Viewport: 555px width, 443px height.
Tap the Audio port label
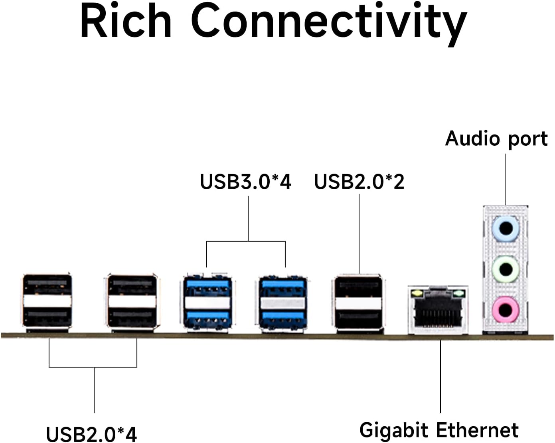[x=496, y=139]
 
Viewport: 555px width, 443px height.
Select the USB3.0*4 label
[x=245, y=182]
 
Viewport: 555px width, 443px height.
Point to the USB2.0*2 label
[x=359, y=182]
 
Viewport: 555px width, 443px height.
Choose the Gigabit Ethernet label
[x=439, y=430]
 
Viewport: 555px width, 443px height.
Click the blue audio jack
[x=506, y=229]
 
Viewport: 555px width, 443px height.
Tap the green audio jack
[x=506, y=269]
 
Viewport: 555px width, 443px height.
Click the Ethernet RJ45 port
[x=438, y=311]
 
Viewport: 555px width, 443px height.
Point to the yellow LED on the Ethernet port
[x=417, y=294]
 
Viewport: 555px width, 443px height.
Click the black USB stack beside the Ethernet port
[x=358, y=303]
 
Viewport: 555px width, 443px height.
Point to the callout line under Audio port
[x=505, y=180]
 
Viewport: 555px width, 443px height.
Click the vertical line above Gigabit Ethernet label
[x=440, y=375]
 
